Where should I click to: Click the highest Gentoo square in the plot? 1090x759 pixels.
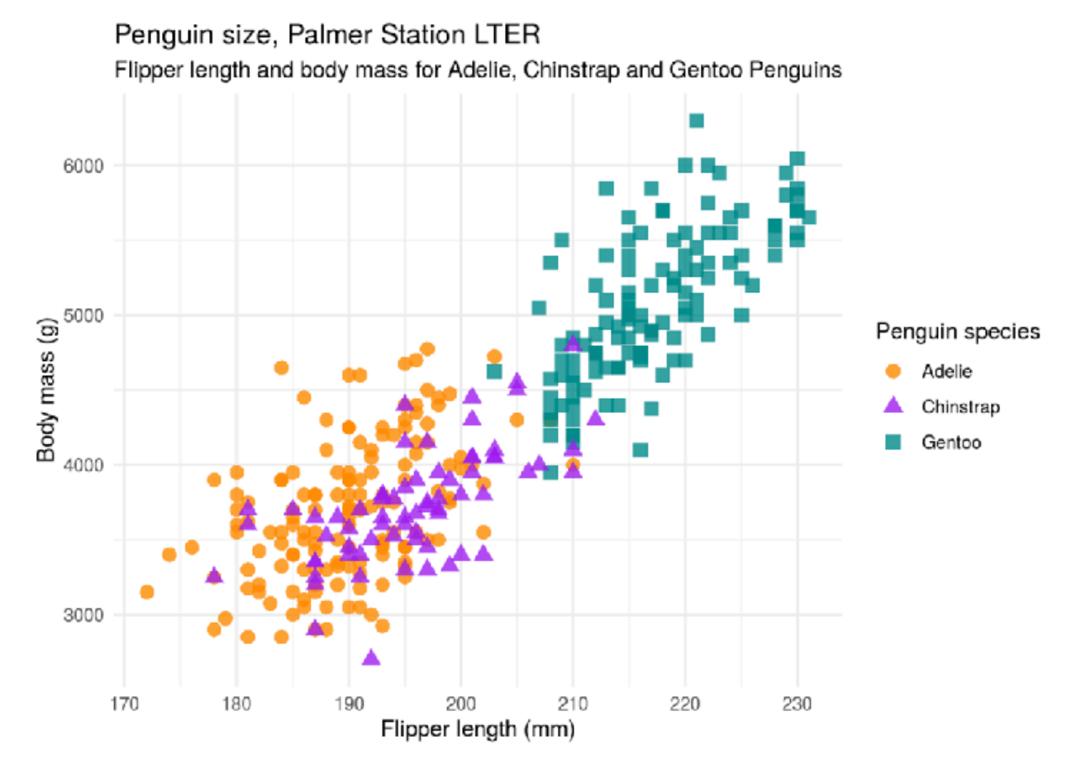point(697,121)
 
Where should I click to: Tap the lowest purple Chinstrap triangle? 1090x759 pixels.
point(371,658)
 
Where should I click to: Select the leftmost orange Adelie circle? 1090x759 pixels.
point(147,591)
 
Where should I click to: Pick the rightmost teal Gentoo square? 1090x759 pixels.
point(809,217)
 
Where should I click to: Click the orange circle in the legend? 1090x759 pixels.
point(893,371)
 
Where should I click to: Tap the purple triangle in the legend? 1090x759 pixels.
point(893,406)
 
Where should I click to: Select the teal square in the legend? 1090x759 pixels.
point(893,442)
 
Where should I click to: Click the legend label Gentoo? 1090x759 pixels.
point(951,443)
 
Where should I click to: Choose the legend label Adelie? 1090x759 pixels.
point(947,372)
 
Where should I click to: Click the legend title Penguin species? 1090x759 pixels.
point(958,332)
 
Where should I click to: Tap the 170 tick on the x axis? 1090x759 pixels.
point(125,704)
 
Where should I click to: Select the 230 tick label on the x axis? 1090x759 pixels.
point(797,704)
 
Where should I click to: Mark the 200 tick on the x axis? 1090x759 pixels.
point(461,704)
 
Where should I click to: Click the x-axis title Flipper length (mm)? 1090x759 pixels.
point(477,729)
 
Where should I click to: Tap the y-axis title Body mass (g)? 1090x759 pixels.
point(46,389)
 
